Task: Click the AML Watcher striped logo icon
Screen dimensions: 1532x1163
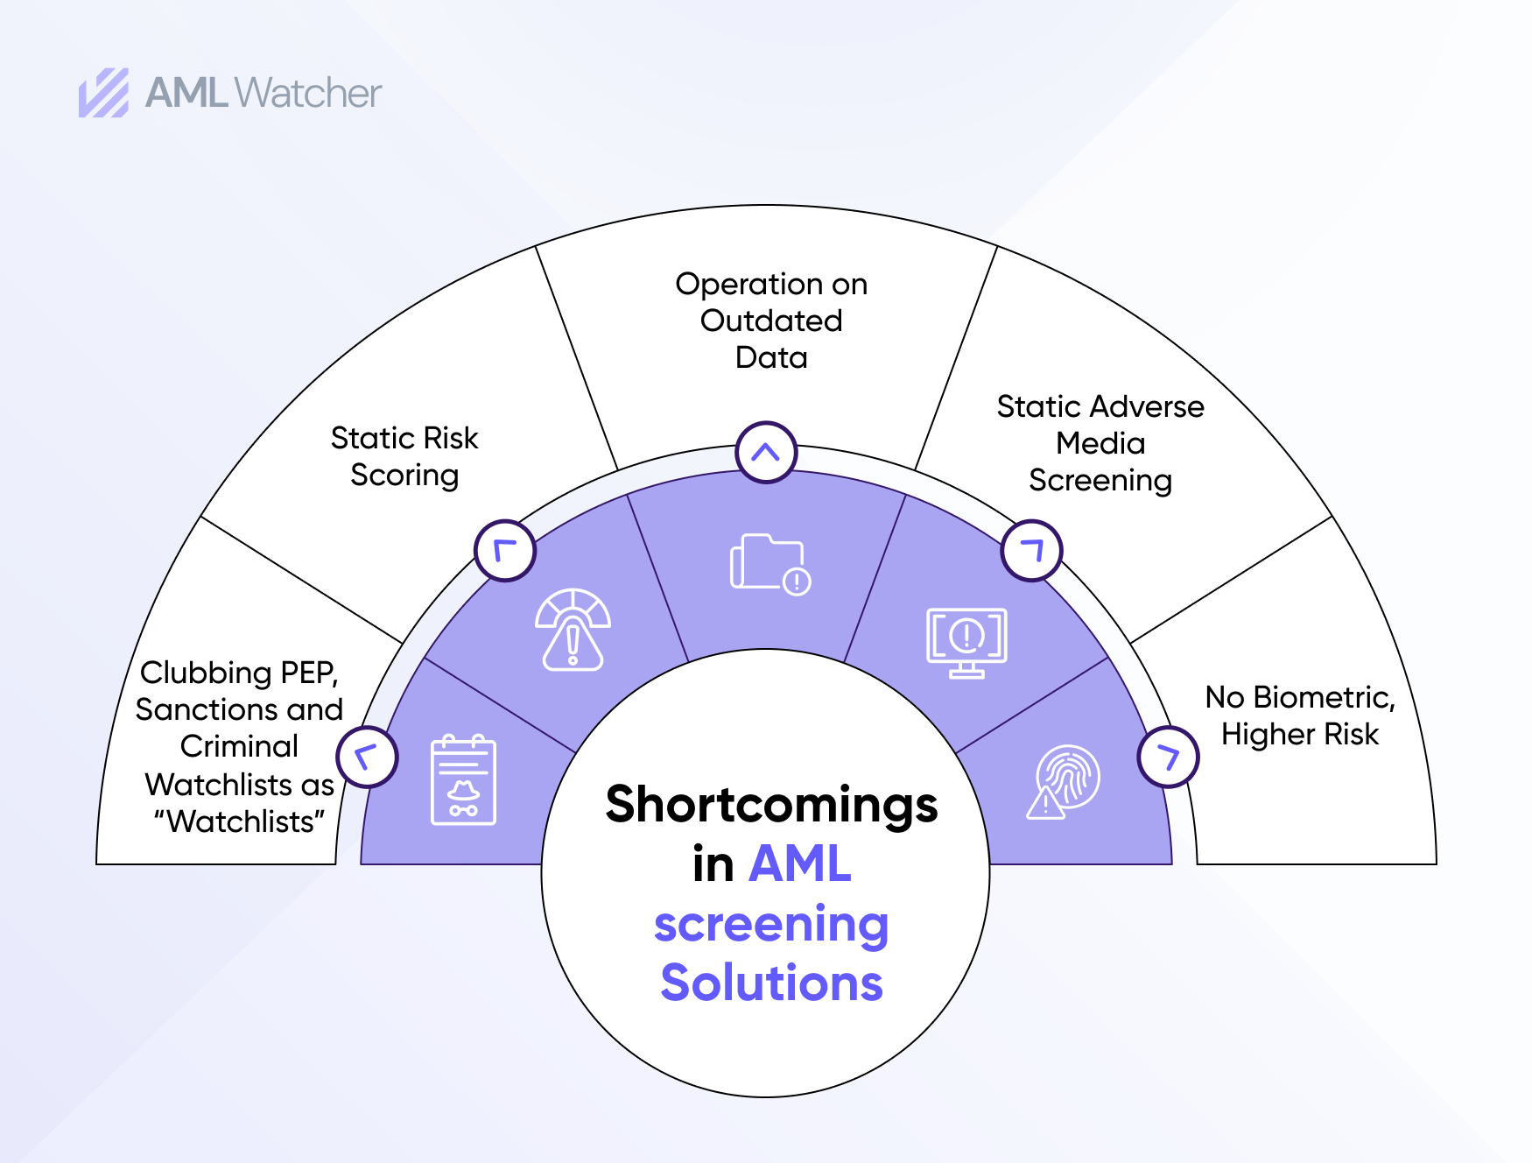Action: click(104, 93)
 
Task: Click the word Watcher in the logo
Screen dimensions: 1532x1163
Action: click(309, 93)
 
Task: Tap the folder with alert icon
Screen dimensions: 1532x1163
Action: click(770, 564)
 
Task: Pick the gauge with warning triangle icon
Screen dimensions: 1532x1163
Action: click(573, 630)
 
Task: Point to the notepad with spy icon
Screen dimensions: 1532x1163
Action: click(463, 780)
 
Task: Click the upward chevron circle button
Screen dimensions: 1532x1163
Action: click(766, 453)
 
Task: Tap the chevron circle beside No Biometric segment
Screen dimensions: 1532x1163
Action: click(1168, 757)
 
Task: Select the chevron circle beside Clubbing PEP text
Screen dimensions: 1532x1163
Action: click(368, 757)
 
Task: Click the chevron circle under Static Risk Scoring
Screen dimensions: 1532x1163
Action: click(505, 551)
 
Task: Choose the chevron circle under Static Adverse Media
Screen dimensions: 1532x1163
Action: click(1032, 551)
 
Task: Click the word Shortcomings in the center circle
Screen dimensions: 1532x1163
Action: click(771, 806)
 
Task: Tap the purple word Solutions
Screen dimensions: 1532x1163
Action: click(771, 983)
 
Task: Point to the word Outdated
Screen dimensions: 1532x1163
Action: click(771, 321)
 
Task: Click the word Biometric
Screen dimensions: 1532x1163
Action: click(1324, 698)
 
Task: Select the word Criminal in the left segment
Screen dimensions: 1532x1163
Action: click(239, 746)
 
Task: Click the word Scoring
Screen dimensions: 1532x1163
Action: click(404, 476)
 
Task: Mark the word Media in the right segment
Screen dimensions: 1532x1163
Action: click(1100, 443)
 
